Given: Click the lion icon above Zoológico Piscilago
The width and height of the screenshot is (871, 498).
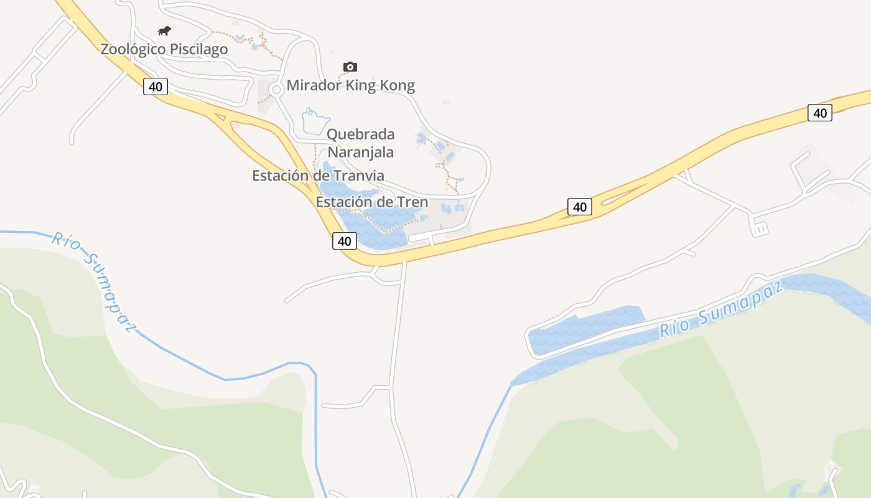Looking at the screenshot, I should click(164, 31).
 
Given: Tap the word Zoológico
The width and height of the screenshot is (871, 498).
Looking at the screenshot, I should click(133, 49).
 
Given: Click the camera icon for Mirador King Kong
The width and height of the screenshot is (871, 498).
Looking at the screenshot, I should click(350, 67).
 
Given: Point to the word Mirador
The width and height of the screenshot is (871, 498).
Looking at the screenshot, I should click(314, 85).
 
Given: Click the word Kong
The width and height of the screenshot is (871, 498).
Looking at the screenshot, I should click(398, 85).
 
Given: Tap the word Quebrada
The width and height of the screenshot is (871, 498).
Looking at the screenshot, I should click(360, 134).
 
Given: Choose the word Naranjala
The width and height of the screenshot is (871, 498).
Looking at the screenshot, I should click(361, 152).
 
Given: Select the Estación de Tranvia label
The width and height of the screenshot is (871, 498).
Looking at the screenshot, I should click(318, 176).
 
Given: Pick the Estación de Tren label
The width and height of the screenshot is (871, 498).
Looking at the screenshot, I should click(371, 202).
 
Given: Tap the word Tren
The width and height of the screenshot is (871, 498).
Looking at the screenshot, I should click(412, 202).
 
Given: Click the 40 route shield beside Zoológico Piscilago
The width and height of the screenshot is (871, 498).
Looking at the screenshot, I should click(156, 87).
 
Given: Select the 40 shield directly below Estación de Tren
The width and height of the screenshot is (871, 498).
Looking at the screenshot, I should click(344, 241).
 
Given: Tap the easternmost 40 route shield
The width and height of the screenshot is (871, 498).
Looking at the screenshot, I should click(820, 113).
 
